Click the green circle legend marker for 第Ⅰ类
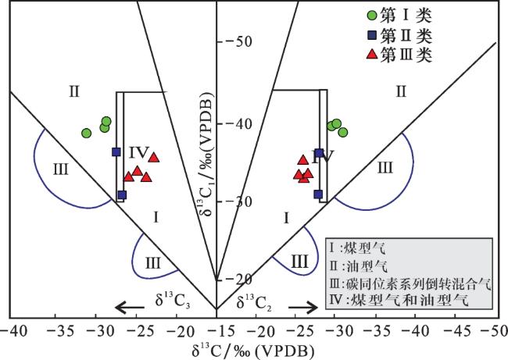coord(373,15)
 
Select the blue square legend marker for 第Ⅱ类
coord(373,35)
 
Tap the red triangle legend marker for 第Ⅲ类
coord(373,54)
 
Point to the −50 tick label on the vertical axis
coord(239,41)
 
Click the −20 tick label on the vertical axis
coord(239,279)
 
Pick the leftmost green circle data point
coord(86,133)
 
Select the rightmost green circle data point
coord(343,132)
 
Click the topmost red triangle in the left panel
coord(154,158)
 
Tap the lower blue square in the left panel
coord(122,195)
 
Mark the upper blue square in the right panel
coord(319,153)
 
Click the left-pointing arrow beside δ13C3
coord(130,307)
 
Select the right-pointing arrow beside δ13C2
coord(303,307)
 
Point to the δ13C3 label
coord(173,301)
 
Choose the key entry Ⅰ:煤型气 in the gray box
coord(358,248)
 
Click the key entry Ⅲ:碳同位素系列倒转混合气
coord(410,283)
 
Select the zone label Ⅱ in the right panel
coord(401,92)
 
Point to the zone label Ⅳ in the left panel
coord(139,152)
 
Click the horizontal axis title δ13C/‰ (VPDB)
coord(252,351)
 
